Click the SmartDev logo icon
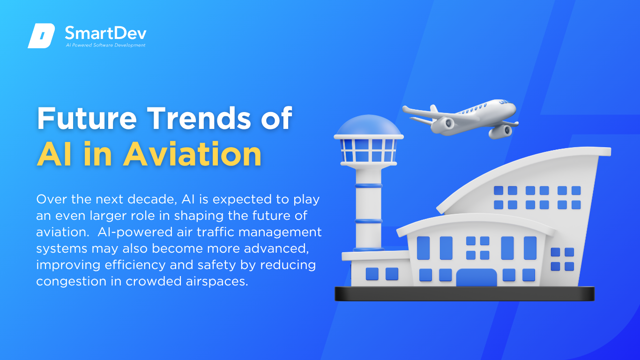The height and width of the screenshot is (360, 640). (x=41, y=36)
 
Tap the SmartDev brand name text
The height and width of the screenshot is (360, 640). (x=106, y=33)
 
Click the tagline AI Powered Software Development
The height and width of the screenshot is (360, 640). (x=106, y=45)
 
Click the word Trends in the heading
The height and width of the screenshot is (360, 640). (x=199, y=118)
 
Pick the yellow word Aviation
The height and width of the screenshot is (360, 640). (x=192, y=154)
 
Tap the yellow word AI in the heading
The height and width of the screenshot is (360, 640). (x=54, y=154)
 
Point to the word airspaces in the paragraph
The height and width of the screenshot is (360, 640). (x=217, y=281)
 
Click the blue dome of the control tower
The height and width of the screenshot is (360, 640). (x=369, y=125)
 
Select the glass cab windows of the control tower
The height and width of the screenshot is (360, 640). (x=369, y=150)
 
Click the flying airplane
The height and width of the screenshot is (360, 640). (x=461, y=119)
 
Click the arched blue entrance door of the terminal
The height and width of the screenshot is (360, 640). (x=476, y=277)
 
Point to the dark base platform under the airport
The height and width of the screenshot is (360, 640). (x=465, y=293)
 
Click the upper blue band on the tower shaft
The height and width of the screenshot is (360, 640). (x=369, y=186)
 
